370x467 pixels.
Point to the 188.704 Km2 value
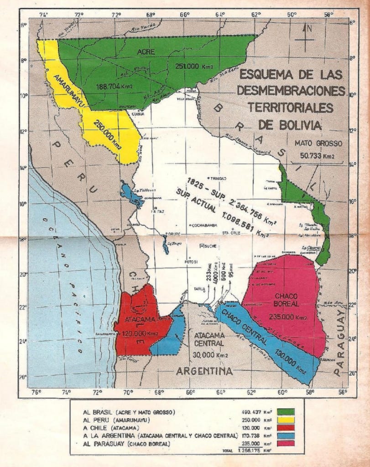pyautogui.click(x=115, y=85)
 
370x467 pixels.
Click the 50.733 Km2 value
pyautogui.click(x=318, y=155)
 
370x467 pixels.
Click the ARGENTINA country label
pyautogui.click(x=205, y=371)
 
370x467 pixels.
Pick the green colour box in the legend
pyautogui.click(x=286, y=412)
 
